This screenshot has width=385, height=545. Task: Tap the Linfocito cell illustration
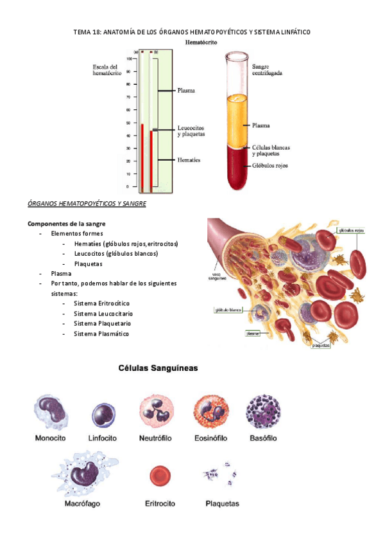click(103, 415)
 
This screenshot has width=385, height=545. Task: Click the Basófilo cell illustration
click(262, 412)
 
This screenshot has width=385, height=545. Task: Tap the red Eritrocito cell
click(160, 476)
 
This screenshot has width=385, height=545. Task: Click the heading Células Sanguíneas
click(157, 369)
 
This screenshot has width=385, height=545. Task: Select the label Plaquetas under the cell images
click(222, 504)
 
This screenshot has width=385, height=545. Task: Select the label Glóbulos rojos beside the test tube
click(269, 165)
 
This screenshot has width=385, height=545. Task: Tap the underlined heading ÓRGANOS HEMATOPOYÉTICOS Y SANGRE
click(87, 204)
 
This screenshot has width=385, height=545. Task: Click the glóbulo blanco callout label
click(227, 310)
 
